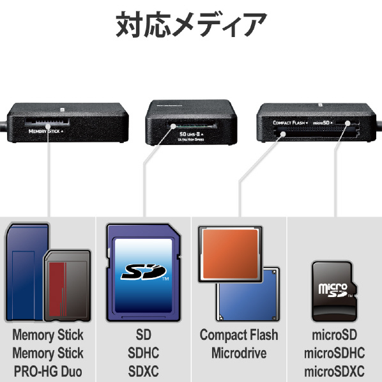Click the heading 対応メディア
pos(191,25)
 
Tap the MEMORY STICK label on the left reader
pos(45,132)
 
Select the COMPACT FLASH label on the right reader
pos(290,123)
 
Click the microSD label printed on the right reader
pos(323,123)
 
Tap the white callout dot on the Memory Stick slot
pos(48,126)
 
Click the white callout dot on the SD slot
pos(173,126)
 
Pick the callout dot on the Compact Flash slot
pos(283,134)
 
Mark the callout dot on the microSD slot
pos(348,123)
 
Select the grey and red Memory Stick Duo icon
pos(68,286)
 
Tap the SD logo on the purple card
pos(144,271)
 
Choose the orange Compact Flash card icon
pos(231,254)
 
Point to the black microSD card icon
pos(334,291)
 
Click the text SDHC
pos(144,353)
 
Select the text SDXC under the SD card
pos(144,371)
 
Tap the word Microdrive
pos(239,353)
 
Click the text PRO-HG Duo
pos(48,371)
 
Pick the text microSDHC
pos(335,353)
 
